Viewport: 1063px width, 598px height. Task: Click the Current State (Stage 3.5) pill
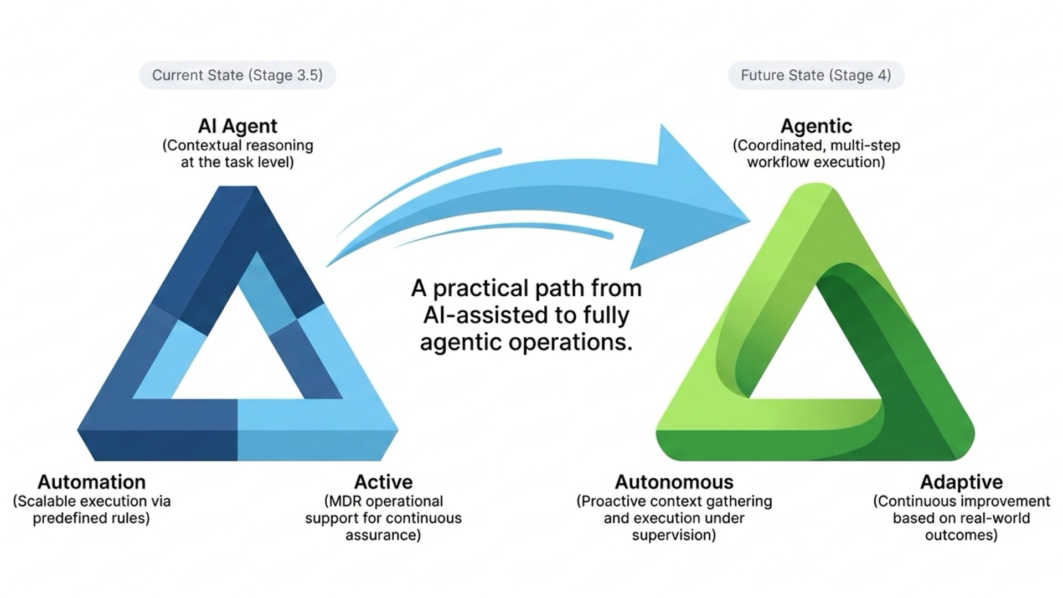point(238,75)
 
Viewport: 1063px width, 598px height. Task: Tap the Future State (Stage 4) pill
point(816,75)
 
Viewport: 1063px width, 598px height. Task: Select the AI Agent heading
point(238,126)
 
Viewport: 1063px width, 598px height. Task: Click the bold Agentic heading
point(816,127)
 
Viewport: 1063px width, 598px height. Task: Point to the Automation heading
point(91,482)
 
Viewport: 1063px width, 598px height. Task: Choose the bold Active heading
point(383,482)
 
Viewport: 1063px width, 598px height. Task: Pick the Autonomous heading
point(674,482)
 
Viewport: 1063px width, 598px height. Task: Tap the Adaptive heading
point(961,482)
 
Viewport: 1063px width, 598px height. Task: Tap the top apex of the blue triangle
point(238,187)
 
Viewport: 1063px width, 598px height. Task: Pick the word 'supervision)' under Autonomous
point(674,535)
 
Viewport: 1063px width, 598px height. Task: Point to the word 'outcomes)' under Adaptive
point(961,535)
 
